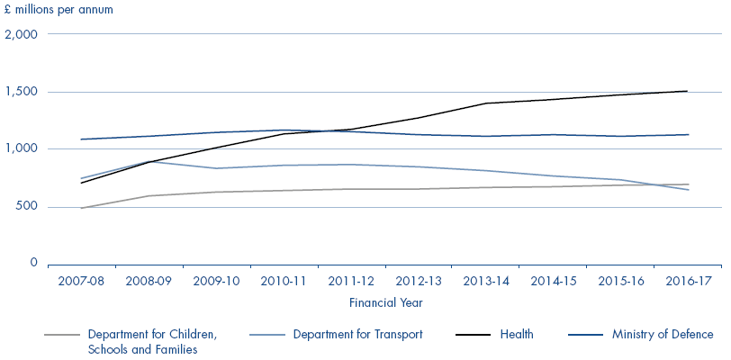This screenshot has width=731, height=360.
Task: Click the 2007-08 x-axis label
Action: point(80,281)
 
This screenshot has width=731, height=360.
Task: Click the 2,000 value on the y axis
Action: point(22,35)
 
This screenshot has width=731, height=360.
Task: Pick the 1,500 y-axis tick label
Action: point(22,92)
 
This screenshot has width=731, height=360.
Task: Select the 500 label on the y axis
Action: point(26,206)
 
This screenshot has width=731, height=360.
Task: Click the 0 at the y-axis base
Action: point(33,263)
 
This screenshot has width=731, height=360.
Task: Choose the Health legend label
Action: point(517,335)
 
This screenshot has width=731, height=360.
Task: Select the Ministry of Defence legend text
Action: point(663,335)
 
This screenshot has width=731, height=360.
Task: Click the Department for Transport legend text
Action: point(357,335)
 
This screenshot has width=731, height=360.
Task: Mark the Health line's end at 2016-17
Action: point(688,91)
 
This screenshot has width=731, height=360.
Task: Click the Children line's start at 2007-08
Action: point(80,208)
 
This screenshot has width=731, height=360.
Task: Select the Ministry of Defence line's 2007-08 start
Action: point(80,139)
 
